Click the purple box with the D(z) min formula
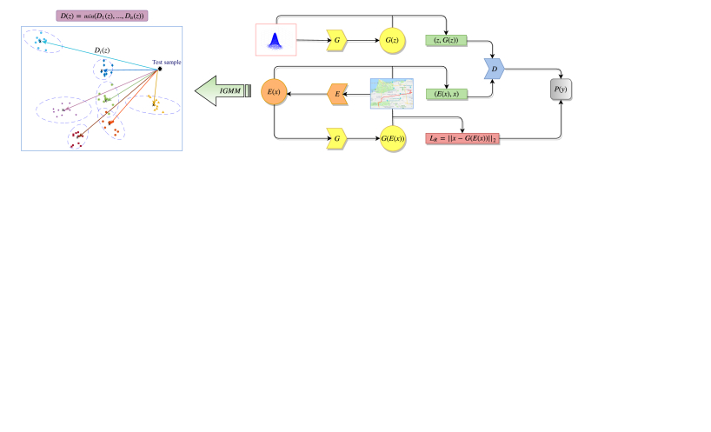(x=101, y=15)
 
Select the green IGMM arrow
(x=221, y=90)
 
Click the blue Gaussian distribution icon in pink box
(x=276, y=39)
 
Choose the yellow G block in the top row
(x=336, y=39)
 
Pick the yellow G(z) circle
(x=392, y=39)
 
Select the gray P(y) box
(x=561, y=90)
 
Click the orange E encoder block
(x=337, y=93)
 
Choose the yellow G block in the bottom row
(x=336, y=137)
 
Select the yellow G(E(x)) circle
(x=392, y=137)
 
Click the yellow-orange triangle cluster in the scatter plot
(x=156, y=105)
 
